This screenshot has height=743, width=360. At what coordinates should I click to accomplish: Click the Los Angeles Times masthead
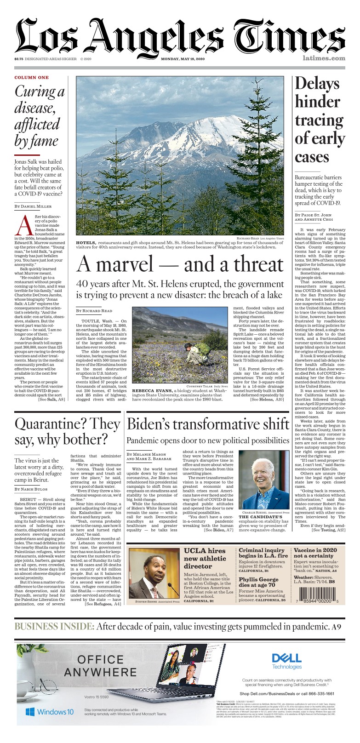click(x=180, y=36)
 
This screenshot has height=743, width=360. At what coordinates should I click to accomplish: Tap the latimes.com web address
click(x=324, y=59)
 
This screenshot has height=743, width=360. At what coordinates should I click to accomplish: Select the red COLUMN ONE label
click(x=32, y=77)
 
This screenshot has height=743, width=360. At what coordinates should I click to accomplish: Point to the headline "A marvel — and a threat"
click(x=179, y=264)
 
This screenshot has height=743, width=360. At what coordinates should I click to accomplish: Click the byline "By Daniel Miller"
click(x=33, y=206)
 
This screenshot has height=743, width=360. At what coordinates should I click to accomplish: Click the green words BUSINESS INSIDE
click(x=54, y=627)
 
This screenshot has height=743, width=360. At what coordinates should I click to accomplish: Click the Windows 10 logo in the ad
click(x=49, y=712)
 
